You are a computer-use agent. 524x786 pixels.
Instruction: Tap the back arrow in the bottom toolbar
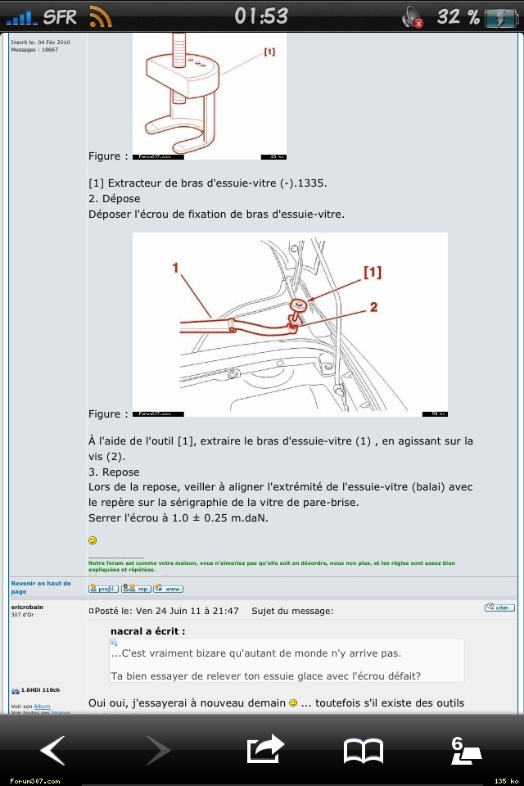pos(53,749)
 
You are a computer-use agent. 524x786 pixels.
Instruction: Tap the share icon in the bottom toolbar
pos(264,748)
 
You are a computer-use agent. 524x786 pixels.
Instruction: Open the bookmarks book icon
pos(363,749)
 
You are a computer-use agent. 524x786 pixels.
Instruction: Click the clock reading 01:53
pos(261,16)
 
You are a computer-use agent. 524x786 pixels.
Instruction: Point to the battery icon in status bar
pos(500,16)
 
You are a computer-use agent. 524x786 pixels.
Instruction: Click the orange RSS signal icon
pos(101,16)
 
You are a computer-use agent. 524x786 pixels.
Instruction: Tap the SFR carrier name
pos(61,16)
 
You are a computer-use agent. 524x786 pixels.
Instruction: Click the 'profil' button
pos(103,588)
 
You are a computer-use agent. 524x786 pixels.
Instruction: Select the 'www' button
pos(169,588)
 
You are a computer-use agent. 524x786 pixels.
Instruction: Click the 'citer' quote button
pos(499,608)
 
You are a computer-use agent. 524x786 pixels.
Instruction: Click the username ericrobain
pos(28,607)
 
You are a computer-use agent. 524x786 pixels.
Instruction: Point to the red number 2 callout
pos(373,307)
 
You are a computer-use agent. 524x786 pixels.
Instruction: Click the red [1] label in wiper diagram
pos(373,273)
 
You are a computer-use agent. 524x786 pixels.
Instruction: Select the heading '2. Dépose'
pos(114,199)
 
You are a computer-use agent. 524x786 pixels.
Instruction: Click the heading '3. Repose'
pos(114,472)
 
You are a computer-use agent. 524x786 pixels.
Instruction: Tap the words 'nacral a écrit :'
pos(148,631)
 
